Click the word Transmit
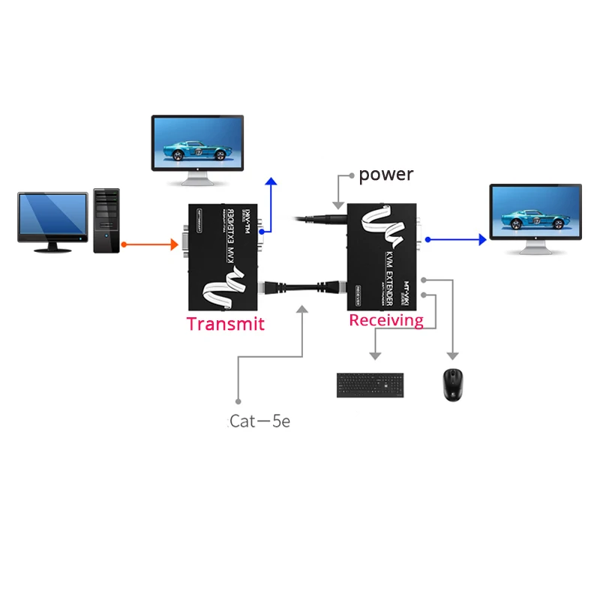[x=225, y=324]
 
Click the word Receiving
[x=386, y=320]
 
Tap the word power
[x=385, y=175]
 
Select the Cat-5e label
[x=259, y=421]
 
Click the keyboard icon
[x=368, y=385]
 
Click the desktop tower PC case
[x=106, y=220]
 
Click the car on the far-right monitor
[x=535, y=213]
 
